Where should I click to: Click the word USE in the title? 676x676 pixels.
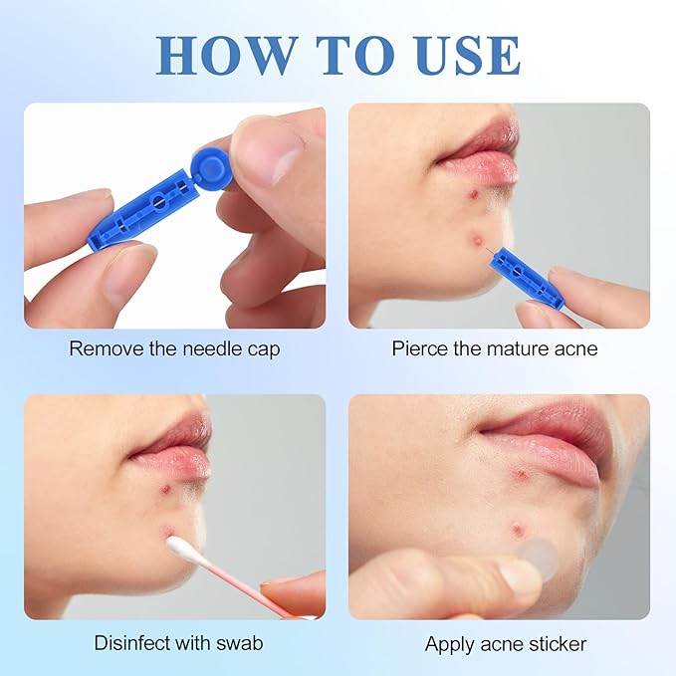468,56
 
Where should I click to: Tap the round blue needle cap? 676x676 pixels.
210,164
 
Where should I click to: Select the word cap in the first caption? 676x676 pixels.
264,350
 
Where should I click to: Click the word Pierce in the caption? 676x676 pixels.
419,348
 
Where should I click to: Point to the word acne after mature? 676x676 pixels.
576,349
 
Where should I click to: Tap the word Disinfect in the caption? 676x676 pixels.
132,643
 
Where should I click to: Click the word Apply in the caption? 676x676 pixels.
449,645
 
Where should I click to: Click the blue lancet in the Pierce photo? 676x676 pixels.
525,276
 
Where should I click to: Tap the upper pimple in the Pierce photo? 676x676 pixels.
474,194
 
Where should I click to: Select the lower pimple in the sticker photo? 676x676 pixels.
516,529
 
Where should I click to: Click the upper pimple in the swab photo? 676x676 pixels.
165,489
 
